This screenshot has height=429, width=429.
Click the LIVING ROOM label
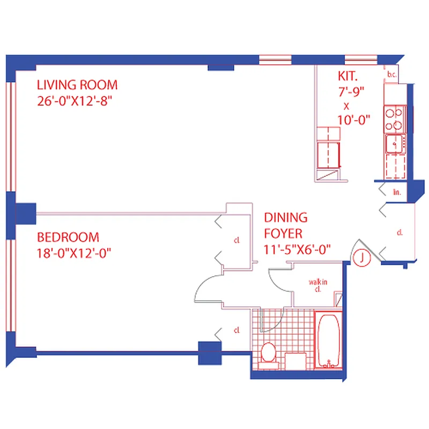point(77,85)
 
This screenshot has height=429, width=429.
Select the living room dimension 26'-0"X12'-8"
point(77,100)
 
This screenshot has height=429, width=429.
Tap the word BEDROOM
point(68,237)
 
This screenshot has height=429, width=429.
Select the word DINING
point(286,218)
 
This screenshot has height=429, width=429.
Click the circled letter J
point(363,258)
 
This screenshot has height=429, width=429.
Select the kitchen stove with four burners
point(394,119)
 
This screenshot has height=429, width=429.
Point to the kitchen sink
point(394,144)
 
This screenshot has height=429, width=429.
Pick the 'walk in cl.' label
point(318,284)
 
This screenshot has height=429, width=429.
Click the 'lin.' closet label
point(397,191)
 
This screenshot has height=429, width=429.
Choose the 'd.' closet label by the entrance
point(400,233)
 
